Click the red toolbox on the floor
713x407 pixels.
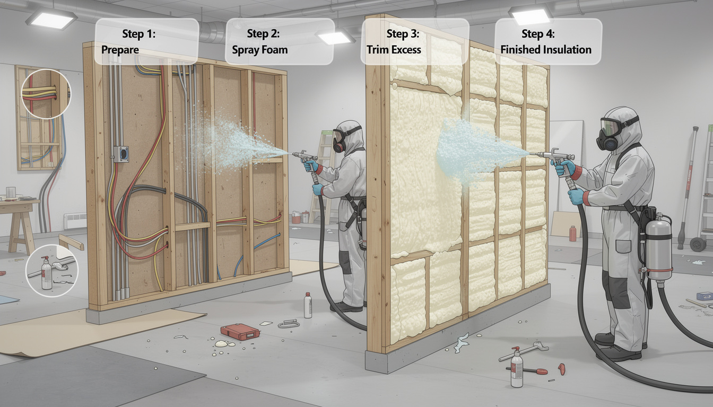pyautogui.click(x=240, y=331)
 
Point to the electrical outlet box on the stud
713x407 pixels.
pyautogui.click(x=120, y=153)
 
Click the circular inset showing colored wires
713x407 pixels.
pyautogui.click(x=46, y=93)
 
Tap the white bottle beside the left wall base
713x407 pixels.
pyautogui.click(x=308, y=306)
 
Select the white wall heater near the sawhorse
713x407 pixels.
pyautogui.click(x=75, y=220)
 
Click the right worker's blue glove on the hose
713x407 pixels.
pyautogui.click(x=575, y=196)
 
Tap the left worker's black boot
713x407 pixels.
pyautogui.click(x=346, y=307)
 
